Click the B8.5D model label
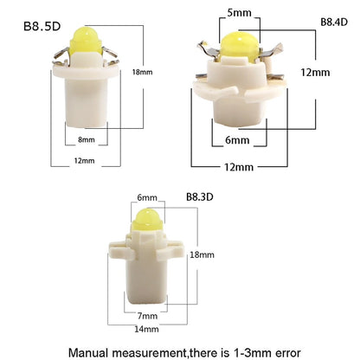(x=42, y=26)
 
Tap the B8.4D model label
(x=334, y=22)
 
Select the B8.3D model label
(x=200, y=197)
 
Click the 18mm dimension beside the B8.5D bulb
(x=142, y=72)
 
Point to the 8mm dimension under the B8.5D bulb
(x=87, y=139)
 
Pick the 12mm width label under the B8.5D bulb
(x=84, y=161)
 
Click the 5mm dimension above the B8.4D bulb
(x=239, y=13)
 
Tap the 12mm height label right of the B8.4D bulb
(x=315, y=72)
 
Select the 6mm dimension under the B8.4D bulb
(x=237, y=140)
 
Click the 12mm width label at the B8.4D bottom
(x=239, y=167)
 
